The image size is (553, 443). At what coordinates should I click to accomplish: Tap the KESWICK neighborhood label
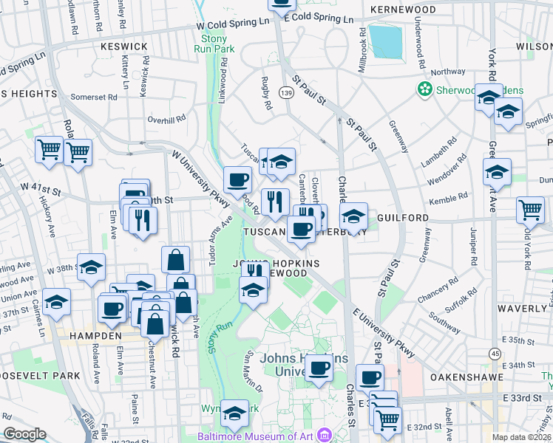coord(124,46)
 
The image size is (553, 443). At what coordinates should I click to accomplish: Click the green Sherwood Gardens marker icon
coord(425,90)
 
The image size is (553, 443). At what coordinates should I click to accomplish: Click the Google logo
coord(25,434)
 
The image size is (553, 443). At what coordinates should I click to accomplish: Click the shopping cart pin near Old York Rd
coord(531,210)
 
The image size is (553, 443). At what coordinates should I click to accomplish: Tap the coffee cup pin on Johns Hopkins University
coord(319,367)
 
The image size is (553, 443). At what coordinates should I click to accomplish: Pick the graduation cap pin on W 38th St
coord(91,268)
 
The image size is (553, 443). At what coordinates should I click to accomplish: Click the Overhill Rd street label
coord(166,119)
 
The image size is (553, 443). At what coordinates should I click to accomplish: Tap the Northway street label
coord(449,72)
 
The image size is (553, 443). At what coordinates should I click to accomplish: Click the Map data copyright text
coord(522,436)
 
